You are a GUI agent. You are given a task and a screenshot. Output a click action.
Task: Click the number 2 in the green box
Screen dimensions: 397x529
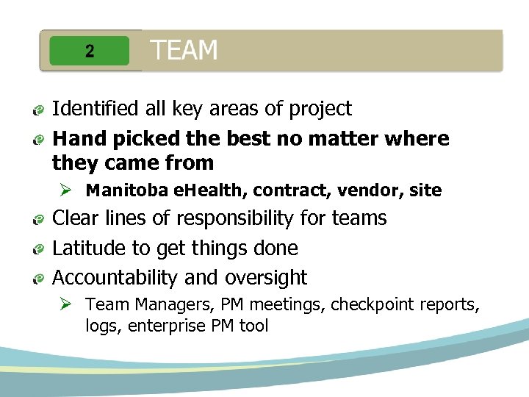[89, 51]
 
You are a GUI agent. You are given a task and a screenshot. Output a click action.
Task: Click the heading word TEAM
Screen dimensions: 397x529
[184, 51]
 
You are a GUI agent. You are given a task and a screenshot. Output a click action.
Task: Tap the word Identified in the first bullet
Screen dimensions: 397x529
[96, 109]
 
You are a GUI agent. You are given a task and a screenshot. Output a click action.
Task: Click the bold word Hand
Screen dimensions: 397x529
[76, 138]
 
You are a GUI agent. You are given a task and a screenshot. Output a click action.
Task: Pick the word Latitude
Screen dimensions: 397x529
[90, 248]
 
